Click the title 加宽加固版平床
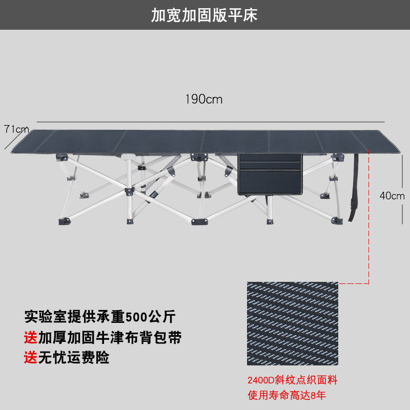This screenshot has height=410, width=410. click(204, 15)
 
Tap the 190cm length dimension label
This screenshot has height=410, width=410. click(204, 99)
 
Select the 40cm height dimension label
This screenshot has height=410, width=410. click(392, 195)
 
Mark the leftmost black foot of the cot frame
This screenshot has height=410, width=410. click(65, 221)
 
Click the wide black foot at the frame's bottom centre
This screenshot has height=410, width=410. click(200, 221)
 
